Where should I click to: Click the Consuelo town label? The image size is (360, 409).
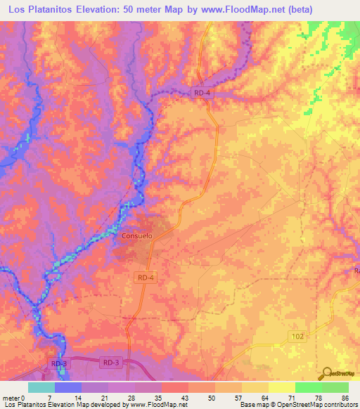pos(136,236)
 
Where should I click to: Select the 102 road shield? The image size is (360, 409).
pos(298,338)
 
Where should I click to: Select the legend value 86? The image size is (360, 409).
pos(345,398)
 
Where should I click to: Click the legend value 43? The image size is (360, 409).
pos(185,398)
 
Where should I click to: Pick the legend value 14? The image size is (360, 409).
pos(78,398)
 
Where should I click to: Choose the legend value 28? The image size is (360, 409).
pos(131,398)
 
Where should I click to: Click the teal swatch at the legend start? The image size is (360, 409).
pos(41,387)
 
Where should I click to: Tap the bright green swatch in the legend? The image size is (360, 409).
pos(308,387)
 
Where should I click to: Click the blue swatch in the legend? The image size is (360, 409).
pos(68,387)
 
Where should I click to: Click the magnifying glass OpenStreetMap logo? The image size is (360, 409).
pos(327,373)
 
